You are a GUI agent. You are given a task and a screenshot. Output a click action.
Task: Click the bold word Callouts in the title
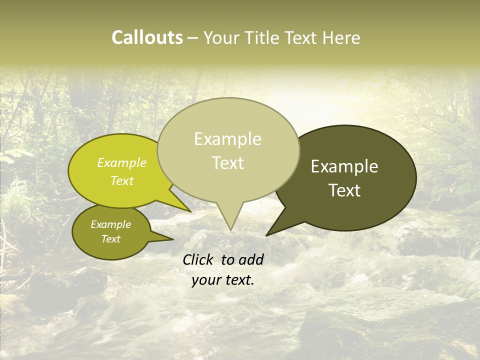coord(147,37)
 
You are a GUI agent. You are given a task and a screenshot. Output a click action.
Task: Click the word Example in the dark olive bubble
coord(344,166)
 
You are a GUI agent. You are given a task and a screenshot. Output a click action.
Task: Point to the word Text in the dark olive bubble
coord(344,190)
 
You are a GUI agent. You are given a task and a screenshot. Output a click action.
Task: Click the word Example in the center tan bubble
coord(227,139)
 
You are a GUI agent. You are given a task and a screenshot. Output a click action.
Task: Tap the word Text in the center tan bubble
coord(227,163)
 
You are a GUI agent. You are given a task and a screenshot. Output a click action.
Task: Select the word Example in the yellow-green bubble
coord(122,163)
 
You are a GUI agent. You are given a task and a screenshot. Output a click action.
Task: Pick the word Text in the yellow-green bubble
coord(122,180)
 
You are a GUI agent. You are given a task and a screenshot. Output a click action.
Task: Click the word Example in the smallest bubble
coord(110,224)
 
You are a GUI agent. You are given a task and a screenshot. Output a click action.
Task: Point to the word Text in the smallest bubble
coord(110,239)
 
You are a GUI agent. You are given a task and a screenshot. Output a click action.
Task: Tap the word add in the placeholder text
coord(251,259)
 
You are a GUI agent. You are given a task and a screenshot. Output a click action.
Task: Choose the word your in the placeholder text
coord(205,280)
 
